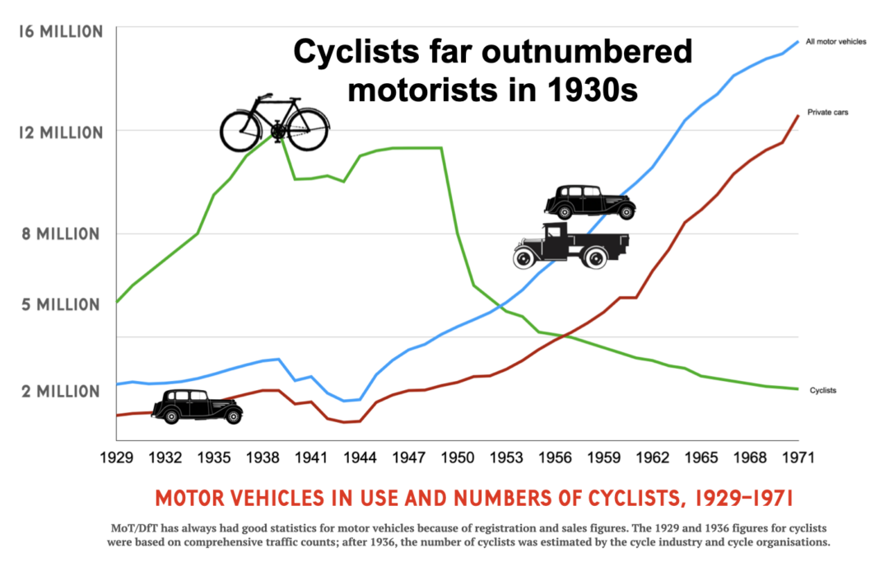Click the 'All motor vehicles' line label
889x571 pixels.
pos(835,41)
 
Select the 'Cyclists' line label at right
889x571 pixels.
pos(823,390)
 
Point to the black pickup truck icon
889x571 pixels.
pos(570,246)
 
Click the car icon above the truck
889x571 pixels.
pos(590,202)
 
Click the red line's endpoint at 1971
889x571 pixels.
pos(798,115)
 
